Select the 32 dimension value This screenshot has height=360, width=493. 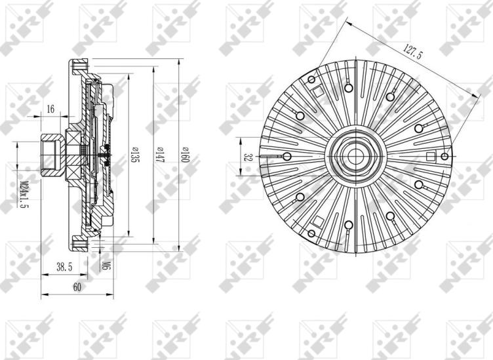tap(248, 157)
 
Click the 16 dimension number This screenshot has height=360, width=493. tap(51, 110)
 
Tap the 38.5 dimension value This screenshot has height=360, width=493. tap(64, 268)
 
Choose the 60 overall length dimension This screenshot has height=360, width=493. tap(77, 287)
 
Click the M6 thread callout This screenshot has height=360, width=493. tap(106, 266)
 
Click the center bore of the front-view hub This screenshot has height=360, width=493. tap(355, 156)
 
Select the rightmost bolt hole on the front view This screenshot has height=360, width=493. tap(445, 156)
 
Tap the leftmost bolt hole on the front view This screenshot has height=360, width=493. tap(286, 157)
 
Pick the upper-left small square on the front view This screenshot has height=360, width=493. tap(317, 91)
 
